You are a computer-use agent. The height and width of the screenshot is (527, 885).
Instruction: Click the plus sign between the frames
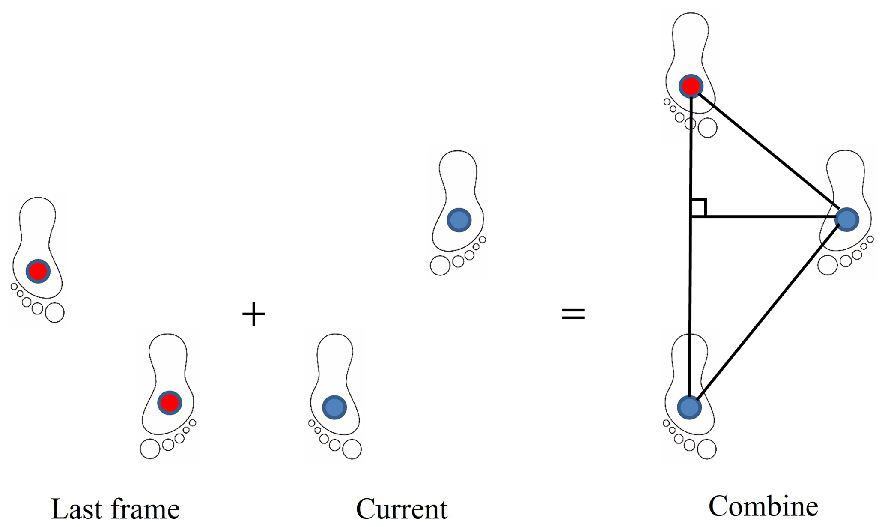tap(254, 314)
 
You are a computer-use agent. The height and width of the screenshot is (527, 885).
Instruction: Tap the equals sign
tap(573, 314)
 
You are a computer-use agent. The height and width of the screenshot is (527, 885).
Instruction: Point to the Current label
tap(402, 509)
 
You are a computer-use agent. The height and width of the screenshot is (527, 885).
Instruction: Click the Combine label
tap(763, 506)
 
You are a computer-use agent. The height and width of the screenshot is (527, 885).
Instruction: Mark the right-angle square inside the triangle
tap(698, 208)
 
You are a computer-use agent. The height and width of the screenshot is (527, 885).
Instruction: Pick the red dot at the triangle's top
tap(691, 86)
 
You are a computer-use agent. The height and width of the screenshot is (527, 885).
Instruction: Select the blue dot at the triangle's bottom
tap(689, 407)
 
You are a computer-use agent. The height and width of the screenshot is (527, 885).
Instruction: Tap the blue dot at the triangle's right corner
tap(847, 219)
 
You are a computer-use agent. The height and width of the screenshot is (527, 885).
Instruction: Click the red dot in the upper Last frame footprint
tap(38, 271)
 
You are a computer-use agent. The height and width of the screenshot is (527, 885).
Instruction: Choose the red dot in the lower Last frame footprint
tap(170, 403)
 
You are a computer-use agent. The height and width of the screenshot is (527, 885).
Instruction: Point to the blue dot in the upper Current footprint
tap(459, 220)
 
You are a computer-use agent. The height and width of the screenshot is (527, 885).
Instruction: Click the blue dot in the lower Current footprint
tap(334, 407)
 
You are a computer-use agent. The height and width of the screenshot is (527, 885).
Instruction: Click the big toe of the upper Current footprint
tap(440, 266)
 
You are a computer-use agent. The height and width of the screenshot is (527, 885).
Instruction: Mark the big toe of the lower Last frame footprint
tap(150, 449)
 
